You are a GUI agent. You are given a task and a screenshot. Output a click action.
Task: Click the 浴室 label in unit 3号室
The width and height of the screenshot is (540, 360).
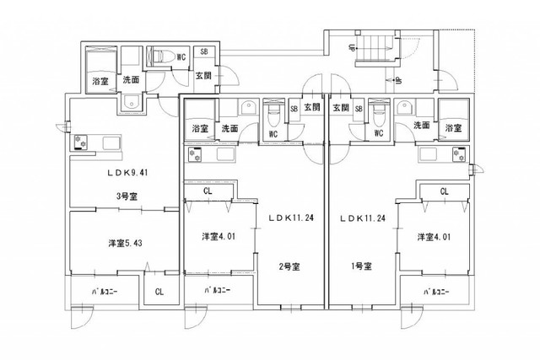(99, 82)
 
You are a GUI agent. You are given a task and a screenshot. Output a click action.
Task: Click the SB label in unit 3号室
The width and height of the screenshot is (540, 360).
(204, 52)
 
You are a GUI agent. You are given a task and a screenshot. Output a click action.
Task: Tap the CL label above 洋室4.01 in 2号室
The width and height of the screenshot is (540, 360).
(208, 191)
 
